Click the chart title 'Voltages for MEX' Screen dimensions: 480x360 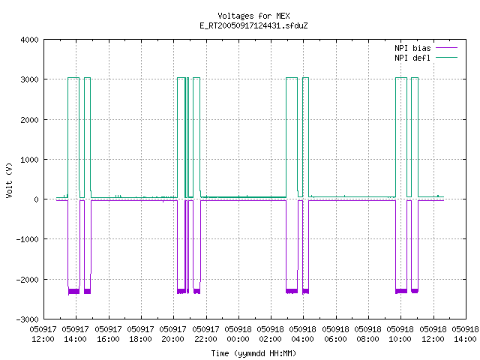click(253, 16)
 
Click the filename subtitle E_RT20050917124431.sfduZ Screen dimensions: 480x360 click(253, 25)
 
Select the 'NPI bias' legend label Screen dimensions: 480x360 click(412, 48)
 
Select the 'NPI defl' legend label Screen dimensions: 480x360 click(412, 58)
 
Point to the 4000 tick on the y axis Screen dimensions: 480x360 click(29, 40)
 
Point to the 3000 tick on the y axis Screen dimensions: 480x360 click(29, 79)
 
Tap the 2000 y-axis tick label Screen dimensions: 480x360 click(29, 120)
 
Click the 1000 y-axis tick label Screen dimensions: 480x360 click(29, 160)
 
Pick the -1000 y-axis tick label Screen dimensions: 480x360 click(27, 239)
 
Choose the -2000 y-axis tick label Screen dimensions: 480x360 click(27, 280)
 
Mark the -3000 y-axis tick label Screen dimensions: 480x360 click(27, 319)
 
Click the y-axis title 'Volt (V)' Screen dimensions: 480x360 click(9, 180)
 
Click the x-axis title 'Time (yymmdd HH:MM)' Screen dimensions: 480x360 click(253, 353)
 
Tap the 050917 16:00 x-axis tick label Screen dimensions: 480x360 click(108, 334)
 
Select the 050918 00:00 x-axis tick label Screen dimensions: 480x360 click(238, 334)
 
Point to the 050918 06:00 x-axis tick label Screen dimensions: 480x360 click(335, 334)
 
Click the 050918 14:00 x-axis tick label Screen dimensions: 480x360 click(465, 334)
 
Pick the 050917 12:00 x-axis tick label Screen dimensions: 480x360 click(43, 334)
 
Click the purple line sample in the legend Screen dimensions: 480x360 click(446, 48)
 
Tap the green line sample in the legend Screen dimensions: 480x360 click(446, 57)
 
